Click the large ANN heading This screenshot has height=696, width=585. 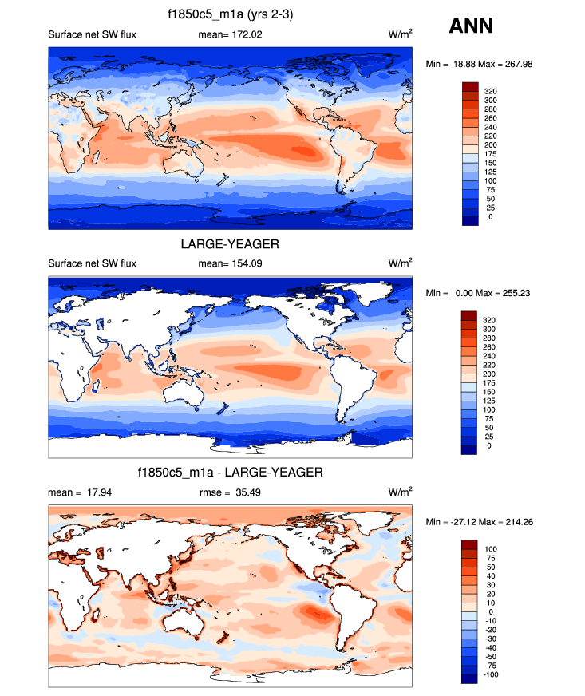click(x=471, y=26)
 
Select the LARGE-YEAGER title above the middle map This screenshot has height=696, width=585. click(x=230, y=245)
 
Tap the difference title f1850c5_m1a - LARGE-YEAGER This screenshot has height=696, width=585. click(x=230, y=473)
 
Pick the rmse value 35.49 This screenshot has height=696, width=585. click(x=245, y=492)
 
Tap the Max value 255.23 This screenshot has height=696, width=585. click(x=513, y=293)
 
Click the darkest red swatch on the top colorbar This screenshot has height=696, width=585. click(x=470, y=86)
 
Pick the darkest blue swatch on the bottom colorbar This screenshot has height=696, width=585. click(x=470, y=678)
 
